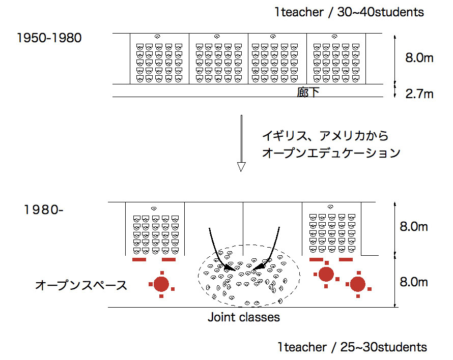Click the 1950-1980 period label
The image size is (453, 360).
(49, 38)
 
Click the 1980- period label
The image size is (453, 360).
(43, 209)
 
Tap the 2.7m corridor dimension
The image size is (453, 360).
(419, 94)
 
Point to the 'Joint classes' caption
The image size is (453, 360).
(244, 318)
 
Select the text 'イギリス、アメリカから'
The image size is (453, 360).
(325, 136)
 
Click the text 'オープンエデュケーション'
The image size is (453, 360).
(331, 153)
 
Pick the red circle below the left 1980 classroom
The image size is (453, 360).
(161, 283)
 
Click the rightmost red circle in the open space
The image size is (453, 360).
(357, 284)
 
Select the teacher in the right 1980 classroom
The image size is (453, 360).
(330, 207)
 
